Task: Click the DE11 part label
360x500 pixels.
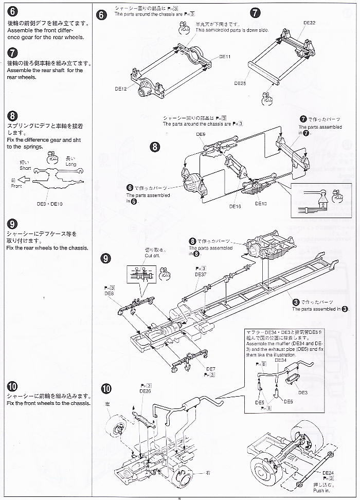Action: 225,57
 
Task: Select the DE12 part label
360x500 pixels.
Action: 120,88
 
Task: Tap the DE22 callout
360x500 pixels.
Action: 310,23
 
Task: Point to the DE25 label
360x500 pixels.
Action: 240,82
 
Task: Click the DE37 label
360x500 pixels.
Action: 201,274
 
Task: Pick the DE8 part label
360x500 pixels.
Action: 109,293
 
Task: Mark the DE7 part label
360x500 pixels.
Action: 210,368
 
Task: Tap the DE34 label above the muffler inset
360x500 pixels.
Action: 280,361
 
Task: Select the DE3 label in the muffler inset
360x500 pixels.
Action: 303,392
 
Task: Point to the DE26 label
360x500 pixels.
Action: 145,390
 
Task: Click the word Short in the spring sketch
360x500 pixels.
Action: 26,168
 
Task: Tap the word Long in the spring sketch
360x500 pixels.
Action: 70,164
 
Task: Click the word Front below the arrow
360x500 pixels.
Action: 16,186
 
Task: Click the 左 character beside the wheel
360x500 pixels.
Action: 108,404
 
